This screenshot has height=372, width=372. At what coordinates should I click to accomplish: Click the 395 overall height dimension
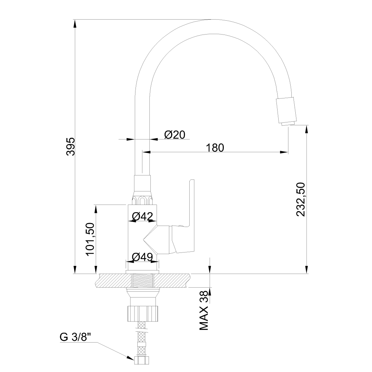(x=70, y=146)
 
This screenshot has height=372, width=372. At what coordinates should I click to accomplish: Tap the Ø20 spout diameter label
(x=174, y=135)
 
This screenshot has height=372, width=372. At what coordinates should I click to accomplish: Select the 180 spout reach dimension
(x=215, y=148)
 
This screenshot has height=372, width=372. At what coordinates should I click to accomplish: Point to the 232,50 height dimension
(x=300, y=199)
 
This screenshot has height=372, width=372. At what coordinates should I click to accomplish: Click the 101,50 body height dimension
(x=90, y=239)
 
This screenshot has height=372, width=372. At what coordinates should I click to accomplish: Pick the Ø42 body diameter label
(x=142, y=216)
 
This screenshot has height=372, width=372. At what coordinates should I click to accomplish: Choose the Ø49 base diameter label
(x=142, y=257)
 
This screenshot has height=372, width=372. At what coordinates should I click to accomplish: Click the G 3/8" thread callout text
(x=76, y=337)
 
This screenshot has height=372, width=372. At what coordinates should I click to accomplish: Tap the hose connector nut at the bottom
(x=142, y=360)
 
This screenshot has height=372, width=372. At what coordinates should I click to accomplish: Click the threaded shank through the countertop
(x=142, y=280)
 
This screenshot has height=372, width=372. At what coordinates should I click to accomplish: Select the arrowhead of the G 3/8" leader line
(x=130, y=357)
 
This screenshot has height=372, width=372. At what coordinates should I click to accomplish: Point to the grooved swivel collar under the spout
(x=142, y=200)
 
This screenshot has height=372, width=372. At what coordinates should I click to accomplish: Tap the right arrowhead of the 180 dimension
(x=284, y=152)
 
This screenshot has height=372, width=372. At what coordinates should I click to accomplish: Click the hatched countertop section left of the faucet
(x=113, y=280)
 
